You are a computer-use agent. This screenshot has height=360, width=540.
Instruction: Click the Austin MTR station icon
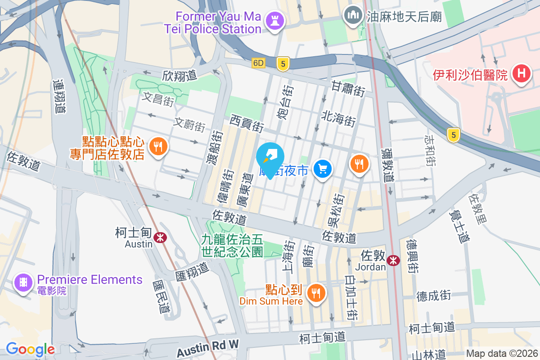[x=159, y=237]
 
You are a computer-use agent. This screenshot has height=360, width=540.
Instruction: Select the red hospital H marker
[x=521, y=74]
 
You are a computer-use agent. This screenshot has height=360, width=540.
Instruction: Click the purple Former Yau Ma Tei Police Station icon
[x=273, y=21]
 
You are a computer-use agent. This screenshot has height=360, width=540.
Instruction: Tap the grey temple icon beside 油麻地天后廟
[x=353, y=16]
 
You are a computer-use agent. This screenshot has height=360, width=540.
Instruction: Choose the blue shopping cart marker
[x=322, y=169]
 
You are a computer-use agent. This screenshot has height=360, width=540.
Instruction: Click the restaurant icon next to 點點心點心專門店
[x=157, y=147]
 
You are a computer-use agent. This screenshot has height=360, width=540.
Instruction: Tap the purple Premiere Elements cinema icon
[x=23, y=283]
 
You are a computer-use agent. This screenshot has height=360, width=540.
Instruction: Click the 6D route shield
[x=258, y=63]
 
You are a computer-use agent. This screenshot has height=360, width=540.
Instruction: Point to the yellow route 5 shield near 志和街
[x=454, y=134]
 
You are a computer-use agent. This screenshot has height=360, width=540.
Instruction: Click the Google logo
[x=30, y=349]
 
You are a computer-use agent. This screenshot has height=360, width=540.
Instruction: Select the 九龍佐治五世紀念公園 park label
[x=232, y=246]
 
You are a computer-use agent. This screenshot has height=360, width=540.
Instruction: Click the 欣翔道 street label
[x=180, y=75]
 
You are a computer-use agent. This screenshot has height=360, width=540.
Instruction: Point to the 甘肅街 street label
[x=348, y=89]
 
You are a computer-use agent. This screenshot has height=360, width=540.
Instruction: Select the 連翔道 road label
[x=59, y=96]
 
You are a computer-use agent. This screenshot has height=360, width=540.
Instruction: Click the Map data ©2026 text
[x=502, y=353]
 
